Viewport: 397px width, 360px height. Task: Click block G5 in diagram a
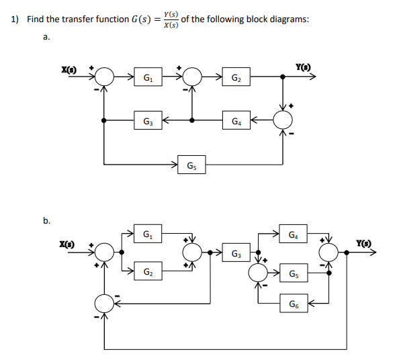click(x=191, y=164)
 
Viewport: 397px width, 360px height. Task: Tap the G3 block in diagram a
click(x=146, y=122)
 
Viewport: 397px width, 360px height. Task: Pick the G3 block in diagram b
click(x=235, y=253)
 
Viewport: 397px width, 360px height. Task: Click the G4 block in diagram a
click(x=236, y=122)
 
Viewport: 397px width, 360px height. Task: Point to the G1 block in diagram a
click(x=146, y=77)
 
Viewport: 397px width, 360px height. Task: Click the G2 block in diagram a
click(x=236, y=77)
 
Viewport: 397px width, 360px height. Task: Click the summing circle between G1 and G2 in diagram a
click(x=193, y=77)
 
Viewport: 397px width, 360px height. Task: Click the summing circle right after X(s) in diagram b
click(x=103, y=253)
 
